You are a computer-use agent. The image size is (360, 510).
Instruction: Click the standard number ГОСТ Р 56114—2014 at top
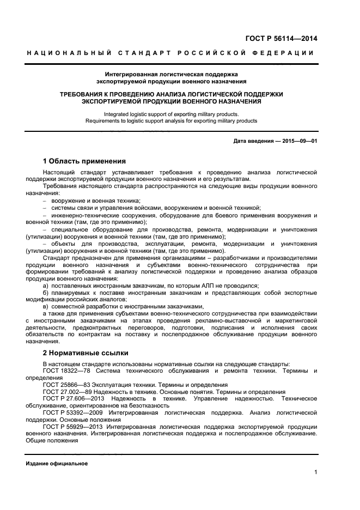point(282,38)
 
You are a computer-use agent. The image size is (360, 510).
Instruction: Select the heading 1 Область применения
point(84,161)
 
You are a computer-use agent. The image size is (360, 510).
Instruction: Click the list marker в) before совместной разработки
point(46,307)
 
